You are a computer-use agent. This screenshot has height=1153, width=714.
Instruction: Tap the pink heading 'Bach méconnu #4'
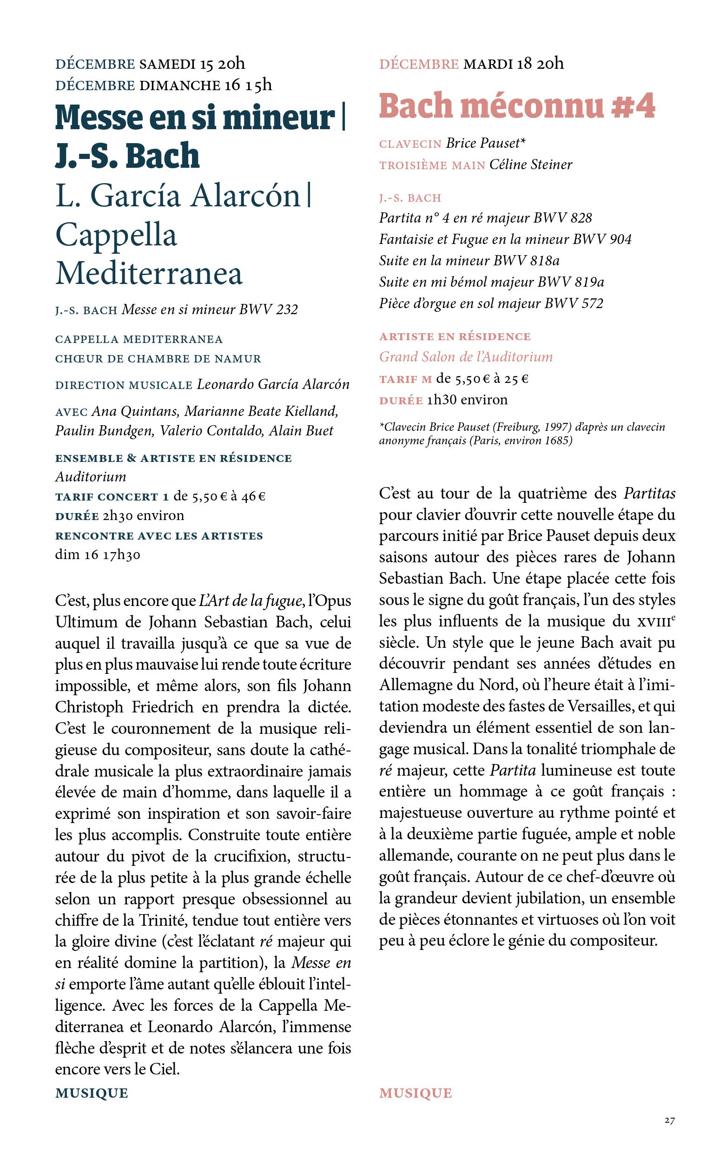[517, 107]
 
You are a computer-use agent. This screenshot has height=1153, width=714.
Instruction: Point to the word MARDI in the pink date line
[488, 64]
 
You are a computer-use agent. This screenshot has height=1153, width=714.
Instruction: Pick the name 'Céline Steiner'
[531, 165]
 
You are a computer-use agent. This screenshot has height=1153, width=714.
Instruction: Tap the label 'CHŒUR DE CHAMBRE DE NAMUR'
[158, 359]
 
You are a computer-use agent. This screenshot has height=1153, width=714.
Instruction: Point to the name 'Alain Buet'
[301, 431]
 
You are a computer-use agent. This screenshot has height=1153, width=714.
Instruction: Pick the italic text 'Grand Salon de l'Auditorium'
[466, 357]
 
